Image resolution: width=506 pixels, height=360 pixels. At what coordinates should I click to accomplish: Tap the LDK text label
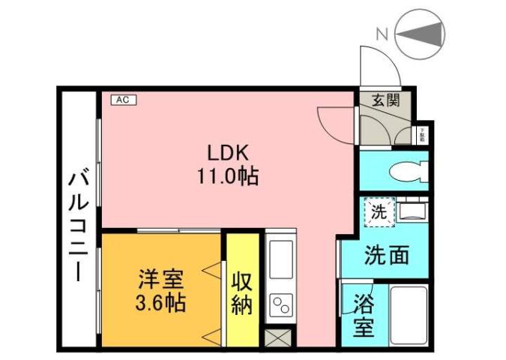223,152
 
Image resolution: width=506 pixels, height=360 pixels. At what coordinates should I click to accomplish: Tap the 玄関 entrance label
386,100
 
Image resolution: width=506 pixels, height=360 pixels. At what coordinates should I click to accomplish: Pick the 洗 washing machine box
379,212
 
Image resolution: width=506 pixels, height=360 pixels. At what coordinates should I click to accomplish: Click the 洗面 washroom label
387,255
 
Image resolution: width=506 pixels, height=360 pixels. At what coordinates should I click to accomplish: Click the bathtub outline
409,315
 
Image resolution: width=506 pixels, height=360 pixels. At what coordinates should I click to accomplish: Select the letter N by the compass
382,33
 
